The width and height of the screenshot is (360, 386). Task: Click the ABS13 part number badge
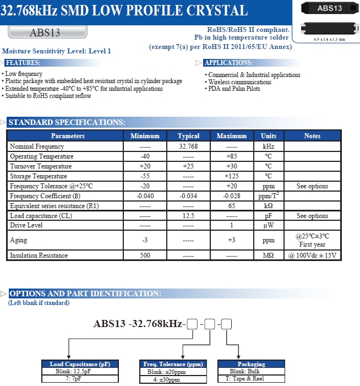(x=45, y=33)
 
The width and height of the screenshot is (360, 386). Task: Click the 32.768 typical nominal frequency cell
(x=188, y=146)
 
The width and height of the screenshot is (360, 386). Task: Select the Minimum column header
(x=145, y=136)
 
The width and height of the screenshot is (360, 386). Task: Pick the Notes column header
(x=312, y=136)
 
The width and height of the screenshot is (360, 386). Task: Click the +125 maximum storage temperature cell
(x=231, y=176)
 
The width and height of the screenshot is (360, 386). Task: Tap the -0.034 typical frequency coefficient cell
(x=188, y=196)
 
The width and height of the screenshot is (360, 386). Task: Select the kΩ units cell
(x=269, y=206)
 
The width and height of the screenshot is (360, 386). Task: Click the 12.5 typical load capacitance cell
(x=188, y=216)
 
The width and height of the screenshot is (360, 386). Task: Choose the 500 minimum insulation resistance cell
(x=145, y=255)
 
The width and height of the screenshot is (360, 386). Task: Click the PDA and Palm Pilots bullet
(x=234, y=89)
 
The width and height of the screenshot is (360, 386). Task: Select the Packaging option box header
(x=251, y=364)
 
